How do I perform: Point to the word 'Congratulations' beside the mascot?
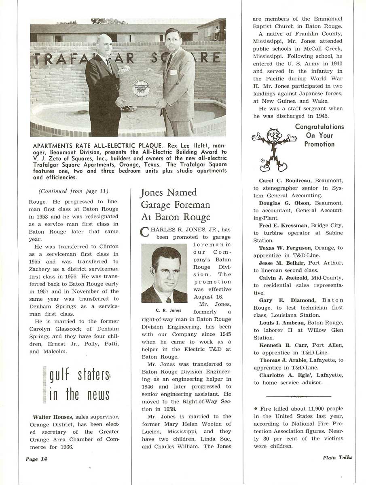pos(319,127)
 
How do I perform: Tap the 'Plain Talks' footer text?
pos(337,457)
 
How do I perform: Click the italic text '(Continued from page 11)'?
pos(73,191)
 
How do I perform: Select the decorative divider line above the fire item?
pos(299,396)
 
